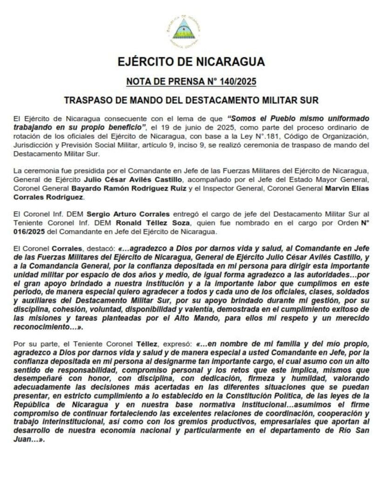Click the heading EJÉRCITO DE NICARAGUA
191,62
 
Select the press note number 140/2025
237,82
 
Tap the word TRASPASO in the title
88,100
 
